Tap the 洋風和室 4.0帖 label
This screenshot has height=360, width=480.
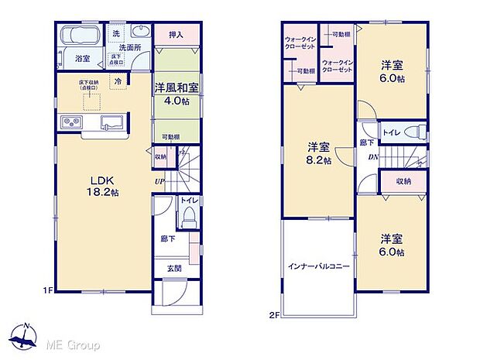coord(177,93)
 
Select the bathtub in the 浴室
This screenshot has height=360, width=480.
coord(75,36)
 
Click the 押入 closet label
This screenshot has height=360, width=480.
coord(177,35)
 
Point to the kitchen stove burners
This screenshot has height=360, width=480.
coord(70,122)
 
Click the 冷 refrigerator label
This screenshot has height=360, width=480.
coord(118,81)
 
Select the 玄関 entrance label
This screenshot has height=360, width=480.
coord(173,268)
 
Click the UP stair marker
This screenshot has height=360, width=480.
coord(159,181)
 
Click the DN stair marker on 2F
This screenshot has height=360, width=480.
coord(373,158)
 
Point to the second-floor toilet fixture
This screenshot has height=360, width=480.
coord(415,132)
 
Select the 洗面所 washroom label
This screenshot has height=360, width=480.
coord(141,47)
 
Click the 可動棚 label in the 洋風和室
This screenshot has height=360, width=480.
coord(172,137)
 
